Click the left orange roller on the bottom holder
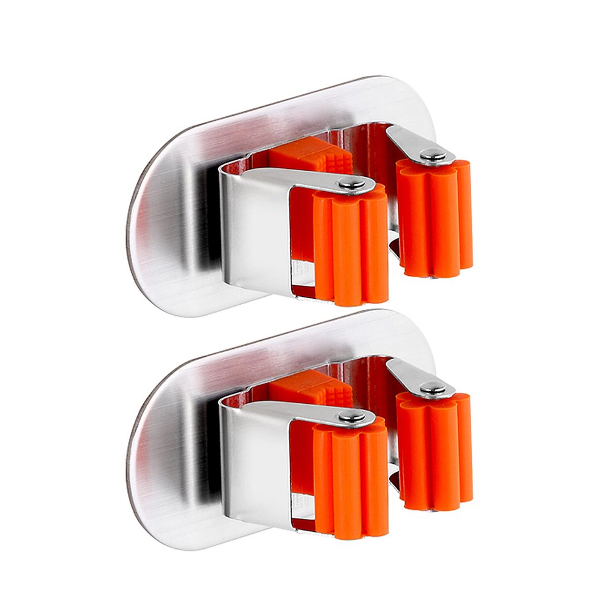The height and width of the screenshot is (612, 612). pyautogui.click(x=351, y=480)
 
